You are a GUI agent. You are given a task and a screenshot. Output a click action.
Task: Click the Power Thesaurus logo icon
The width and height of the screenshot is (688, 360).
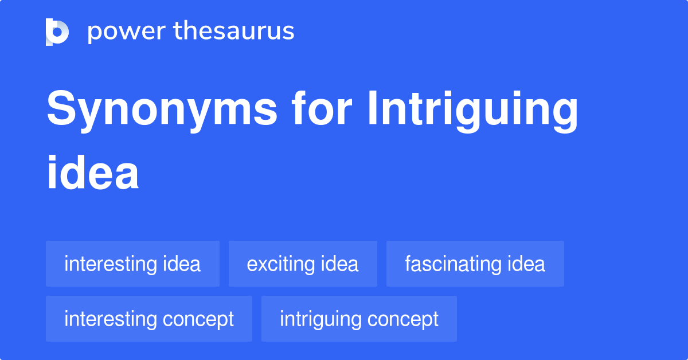pos(57,32)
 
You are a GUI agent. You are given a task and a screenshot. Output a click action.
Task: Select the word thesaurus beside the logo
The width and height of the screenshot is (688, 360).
pos(234,32)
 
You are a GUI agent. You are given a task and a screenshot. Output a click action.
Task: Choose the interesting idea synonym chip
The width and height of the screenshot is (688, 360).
pos(132,264)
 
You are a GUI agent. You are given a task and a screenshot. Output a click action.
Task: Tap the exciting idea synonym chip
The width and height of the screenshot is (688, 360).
pos(303,264)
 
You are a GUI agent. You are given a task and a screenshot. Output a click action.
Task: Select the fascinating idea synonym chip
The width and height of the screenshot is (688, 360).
pos(475,264)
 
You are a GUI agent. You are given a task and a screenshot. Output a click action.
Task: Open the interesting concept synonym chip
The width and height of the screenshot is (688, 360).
pos(149,319)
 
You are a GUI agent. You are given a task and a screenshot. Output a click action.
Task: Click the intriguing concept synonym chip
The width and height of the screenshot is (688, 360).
pos(359,319)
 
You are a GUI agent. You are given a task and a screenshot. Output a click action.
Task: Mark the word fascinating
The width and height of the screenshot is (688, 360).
pos(454,264)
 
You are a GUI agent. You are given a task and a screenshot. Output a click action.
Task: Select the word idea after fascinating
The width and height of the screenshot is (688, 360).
pos(526,264)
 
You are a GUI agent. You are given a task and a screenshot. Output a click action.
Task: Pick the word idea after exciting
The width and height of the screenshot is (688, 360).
pos(340,264)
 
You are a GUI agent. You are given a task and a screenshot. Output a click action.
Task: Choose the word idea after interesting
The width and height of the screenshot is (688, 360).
pos(182,264)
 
